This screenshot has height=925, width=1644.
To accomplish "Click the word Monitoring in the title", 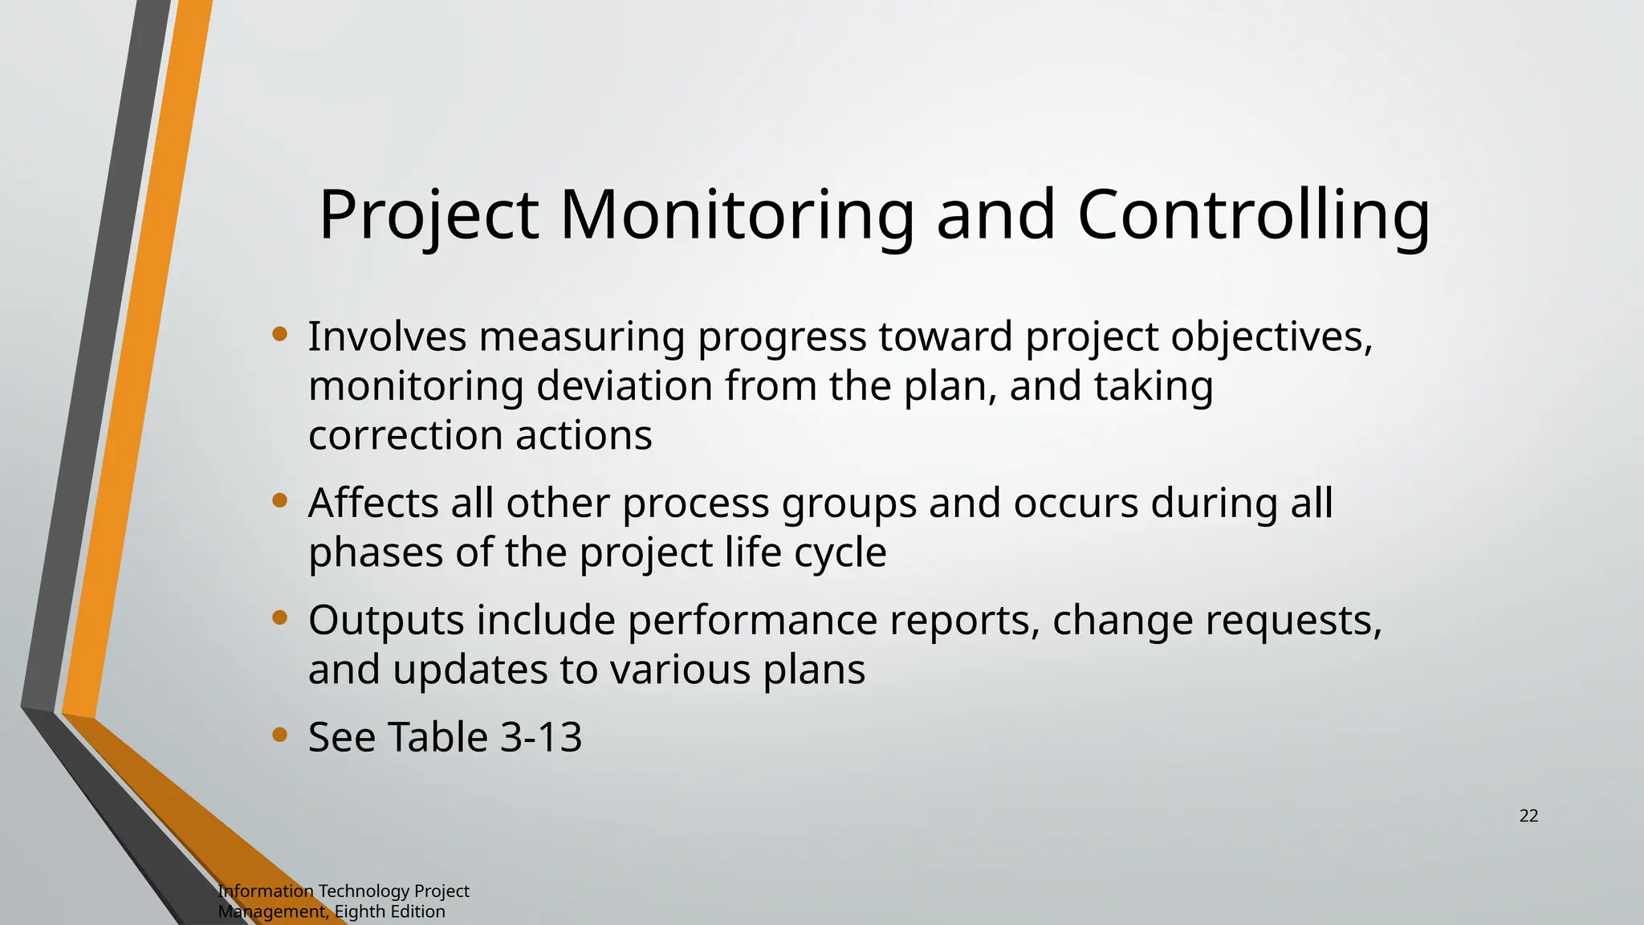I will [x=736, y=215].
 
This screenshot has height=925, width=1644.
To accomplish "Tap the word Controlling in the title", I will [x=1253, y=215].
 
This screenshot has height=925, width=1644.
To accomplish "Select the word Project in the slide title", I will [x=429, y=215].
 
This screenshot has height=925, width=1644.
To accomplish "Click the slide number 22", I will [x=1528, y=816].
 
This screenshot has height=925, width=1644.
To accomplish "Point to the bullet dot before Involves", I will [x=279, y=334].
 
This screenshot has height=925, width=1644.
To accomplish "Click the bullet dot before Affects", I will [x=279, y=501].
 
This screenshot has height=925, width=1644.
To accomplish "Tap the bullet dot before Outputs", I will [x=279, y=617].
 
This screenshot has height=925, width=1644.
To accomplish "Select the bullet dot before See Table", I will [x=279, y=735].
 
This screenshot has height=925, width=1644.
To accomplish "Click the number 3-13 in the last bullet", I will [x=541, y=737].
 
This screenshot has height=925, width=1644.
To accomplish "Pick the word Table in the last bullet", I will [x=437, y=737].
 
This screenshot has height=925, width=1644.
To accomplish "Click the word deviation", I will [x=624, y=386].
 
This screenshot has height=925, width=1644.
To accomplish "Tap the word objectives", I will [x=1271, y=337].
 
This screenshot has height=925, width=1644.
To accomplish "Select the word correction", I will [x=405, y=436].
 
